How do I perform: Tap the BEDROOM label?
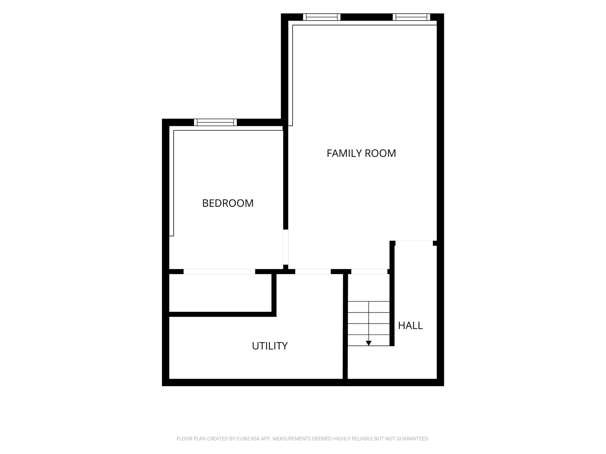[x=228, y=203]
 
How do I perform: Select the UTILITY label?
[x=270, y=346]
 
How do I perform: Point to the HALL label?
[x=410, y=326]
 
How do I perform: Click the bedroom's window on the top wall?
[x=215, y=122]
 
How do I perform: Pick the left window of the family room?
[x=322, y=17]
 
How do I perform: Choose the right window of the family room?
[x=411, y=17]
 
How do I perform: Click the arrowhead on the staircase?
[x=369, y=343]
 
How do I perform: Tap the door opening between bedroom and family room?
[x=285, y=247]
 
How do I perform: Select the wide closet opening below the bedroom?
[x=219, y=271]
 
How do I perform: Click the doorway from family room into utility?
[x=313, y=271]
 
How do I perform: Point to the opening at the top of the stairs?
[x=369, y=271]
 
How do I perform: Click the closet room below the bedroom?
[x=220, y=293]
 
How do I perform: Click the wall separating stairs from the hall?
[x=392, y=293]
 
